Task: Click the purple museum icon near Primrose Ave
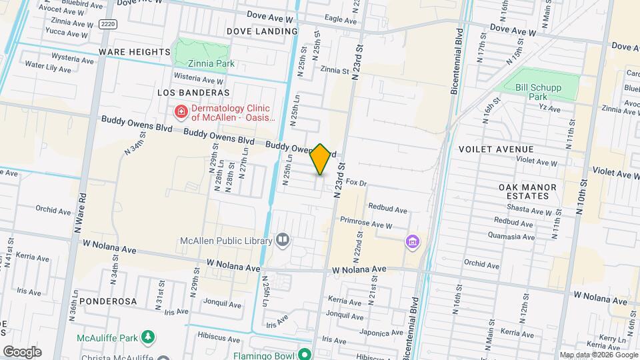coord(413,241)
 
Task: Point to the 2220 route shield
coord(107,24)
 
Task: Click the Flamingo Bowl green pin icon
coord(305,355)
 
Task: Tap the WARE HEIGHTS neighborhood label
coord(135,52)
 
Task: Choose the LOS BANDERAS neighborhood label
coord(193,93)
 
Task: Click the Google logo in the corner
coord(22,352)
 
